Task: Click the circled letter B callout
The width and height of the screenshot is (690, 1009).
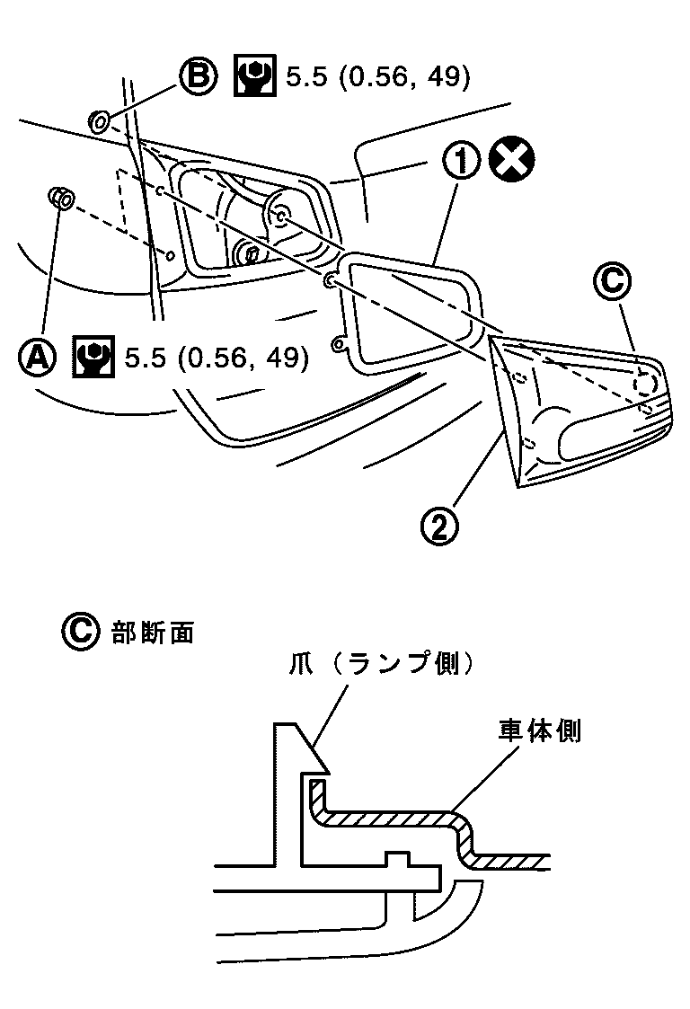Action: tap(197, 77)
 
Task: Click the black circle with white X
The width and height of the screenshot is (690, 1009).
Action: tap(513, 164)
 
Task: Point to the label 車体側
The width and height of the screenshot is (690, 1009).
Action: tap(540, 731)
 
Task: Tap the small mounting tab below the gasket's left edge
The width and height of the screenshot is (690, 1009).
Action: tap(339, 343)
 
